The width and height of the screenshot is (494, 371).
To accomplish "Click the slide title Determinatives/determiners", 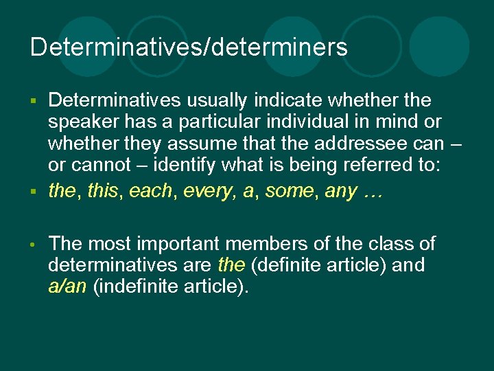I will (189, 47).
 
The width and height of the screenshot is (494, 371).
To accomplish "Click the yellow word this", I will (104, 191).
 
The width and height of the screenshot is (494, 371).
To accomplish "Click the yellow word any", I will (341, 191).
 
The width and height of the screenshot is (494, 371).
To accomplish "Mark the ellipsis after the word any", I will (371, 192).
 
